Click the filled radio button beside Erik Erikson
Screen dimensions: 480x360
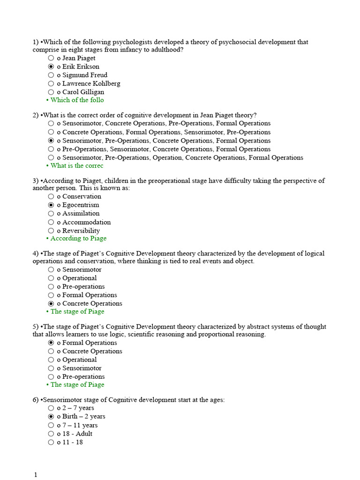click(51, 67)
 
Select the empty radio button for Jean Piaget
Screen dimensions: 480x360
click(51, 58)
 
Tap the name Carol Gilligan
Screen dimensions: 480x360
click(83, 92)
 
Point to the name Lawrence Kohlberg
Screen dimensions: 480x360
click(91, 83)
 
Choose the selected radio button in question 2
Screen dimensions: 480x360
click(51, 141)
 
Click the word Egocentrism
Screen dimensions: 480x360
click(81, 205)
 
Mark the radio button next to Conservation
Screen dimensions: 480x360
click(51, 196)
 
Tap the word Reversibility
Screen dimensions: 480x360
click(81, 231)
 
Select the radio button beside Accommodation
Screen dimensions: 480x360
click(51, 222)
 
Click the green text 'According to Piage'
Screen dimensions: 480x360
click(78, 238)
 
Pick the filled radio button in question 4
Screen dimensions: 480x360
click(51, 303)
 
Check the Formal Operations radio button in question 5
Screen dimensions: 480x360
click(51, 343)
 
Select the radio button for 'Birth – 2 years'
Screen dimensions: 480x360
click(51, 416)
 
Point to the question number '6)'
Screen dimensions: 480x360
click(36, 400)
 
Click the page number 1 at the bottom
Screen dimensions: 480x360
click(35, 475)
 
